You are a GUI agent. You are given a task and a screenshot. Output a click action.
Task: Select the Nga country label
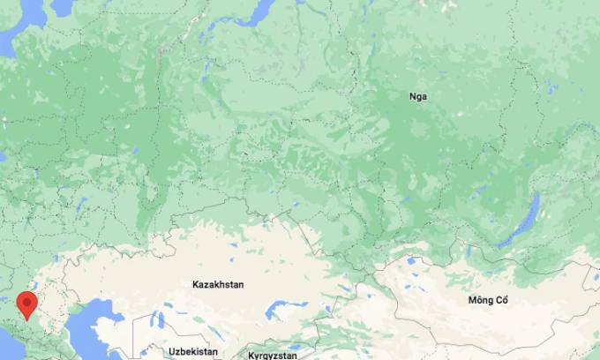[418, 96]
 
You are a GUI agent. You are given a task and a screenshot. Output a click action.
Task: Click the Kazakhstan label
[218, 285]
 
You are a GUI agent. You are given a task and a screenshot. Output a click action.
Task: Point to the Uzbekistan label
[192, 351]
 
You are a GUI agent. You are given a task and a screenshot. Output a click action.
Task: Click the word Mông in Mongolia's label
[480, 301]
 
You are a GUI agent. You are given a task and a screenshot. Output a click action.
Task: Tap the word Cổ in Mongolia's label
[502, 301]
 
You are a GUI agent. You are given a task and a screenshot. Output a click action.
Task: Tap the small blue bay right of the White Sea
[62, 7]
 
